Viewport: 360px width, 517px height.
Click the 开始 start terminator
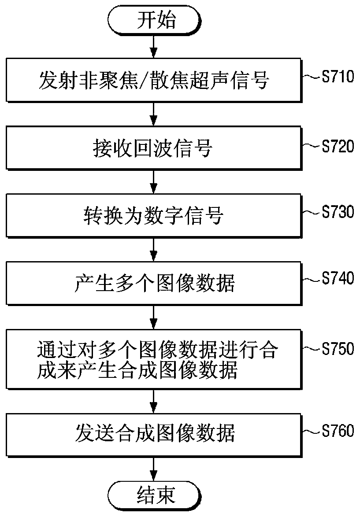153,20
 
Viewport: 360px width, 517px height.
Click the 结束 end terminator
153,495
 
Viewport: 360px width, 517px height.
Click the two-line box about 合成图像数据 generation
153,360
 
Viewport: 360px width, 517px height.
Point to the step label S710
338,78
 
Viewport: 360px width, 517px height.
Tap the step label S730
338,212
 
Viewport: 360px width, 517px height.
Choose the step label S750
338,348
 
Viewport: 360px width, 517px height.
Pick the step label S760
338,430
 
